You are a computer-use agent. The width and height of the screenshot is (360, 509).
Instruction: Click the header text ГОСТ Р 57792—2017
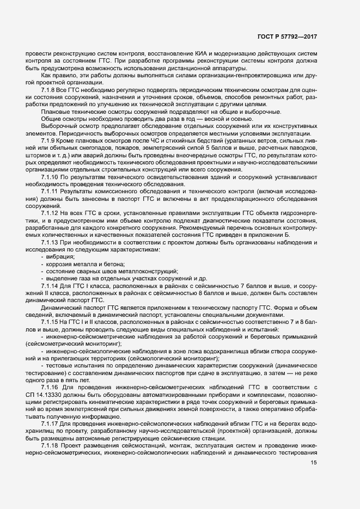click(287, 36)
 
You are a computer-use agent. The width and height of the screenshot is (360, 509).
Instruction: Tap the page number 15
click(314, 463)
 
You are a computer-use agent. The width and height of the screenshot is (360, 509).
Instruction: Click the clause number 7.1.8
click(48, 88)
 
